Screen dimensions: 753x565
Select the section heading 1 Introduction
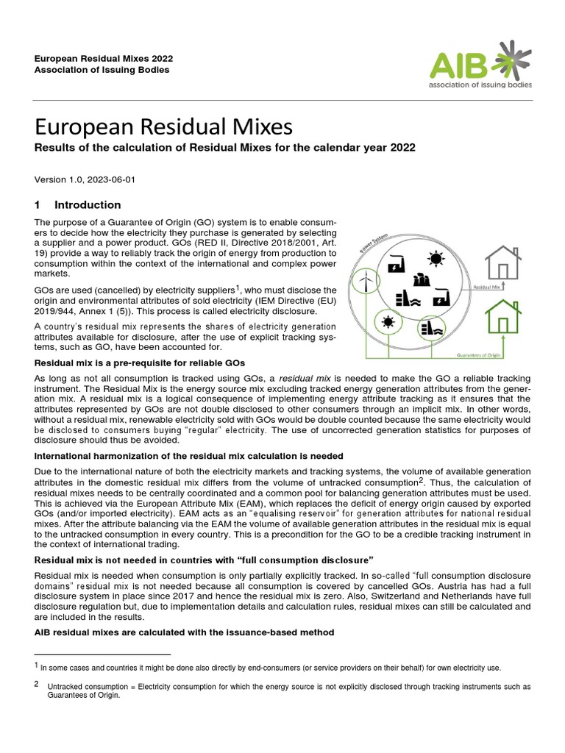(x=78, y=205)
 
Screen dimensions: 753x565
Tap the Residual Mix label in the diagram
(x=487, y=288)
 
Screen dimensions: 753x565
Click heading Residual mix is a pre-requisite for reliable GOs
(x=140, y=363)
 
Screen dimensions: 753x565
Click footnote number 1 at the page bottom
(x=37, y=666)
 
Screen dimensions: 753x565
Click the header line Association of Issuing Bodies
(x=102, y=70)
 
